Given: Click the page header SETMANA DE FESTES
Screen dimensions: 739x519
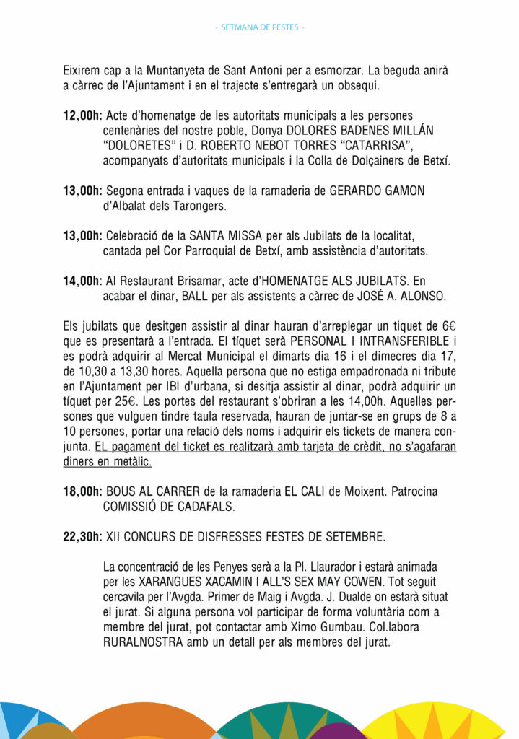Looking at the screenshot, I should (x=260, y=27).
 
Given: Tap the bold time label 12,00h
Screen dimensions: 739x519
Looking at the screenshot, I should (x=83, y=116).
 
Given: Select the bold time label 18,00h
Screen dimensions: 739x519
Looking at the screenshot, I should (x=83, y=491).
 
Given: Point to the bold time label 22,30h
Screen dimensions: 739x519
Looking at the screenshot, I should (x=83, y=537).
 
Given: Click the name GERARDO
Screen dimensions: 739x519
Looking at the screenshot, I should (x=357, y=191).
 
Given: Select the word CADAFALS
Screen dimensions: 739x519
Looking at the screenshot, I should (x=200, y=507).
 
